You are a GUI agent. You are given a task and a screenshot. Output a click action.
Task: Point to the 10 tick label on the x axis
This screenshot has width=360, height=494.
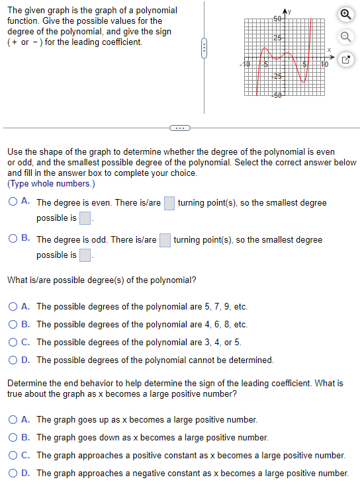point(324,64)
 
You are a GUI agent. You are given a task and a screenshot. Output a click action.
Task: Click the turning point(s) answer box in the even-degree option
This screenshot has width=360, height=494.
point(169,202)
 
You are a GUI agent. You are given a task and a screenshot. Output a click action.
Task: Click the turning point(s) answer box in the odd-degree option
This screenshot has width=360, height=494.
point(165,239)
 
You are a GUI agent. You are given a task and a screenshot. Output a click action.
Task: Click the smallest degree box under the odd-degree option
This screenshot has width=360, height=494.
point(85,255)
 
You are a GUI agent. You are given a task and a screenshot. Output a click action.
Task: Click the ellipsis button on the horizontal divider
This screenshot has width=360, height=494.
point(179,128)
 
